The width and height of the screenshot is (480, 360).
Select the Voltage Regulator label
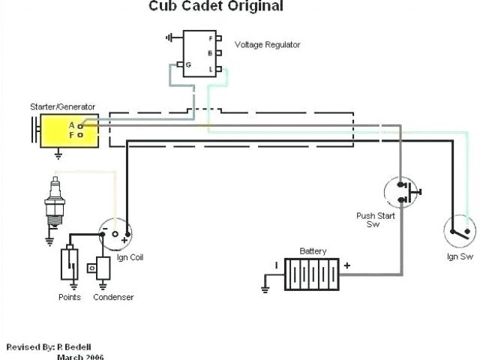pyautogui.click(x=268, y=45)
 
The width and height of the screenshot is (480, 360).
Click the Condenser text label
pyautogui.click(x=113, y=298)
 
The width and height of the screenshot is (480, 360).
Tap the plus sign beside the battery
pyautogui.click(x=346, y=264)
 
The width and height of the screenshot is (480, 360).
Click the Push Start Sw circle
pyautogui.click(x=404, y=193)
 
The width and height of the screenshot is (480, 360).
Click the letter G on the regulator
pyautogui.click(x=188, y=65)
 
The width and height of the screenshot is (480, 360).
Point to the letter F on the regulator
pyautogui.click(x=211, y=37)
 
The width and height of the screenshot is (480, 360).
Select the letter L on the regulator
pyautogui.click(x=211, y=67)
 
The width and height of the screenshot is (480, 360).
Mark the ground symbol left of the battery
pyautogui.click(x=265, y=286)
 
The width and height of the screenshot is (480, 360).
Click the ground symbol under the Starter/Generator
pyautogui.click(x=58, y=155)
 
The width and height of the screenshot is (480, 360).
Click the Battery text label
pyautogui.click(x=312, y=251)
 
